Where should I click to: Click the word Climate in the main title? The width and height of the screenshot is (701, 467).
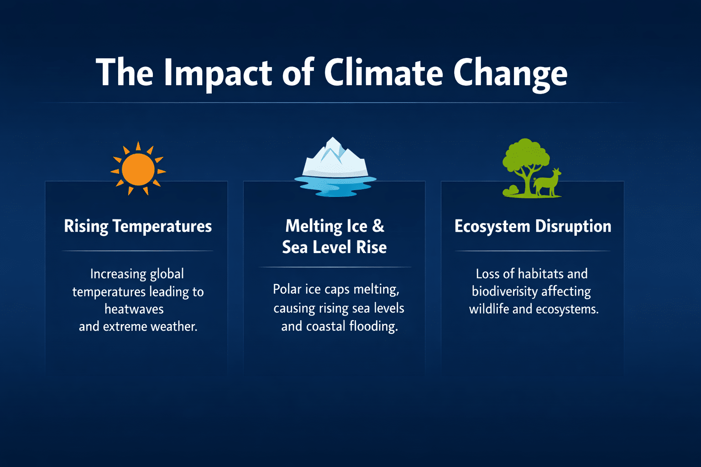point(383,72)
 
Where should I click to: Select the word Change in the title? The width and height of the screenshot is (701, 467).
point(510,75)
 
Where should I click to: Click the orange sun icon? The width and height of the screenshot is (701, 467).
point(138,169)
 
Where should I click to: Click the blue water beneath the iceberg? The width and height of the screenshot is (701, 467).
point(335,187)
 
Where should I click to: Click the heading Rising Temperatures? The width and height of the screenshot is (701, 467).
point(138,226)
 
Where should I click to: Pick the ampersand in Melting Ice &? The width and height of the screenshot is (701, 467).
point(378,226)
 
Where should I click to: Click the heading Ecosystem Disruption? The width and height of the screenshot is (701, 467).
point(533,226)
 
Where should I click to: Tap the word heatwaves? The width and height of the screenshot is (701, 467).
point(134,309)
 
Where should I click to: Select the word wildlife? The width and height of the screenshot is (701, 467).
point(489,309)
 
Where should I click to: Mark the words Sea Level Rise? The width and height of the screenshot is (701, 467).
point(334,247)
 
